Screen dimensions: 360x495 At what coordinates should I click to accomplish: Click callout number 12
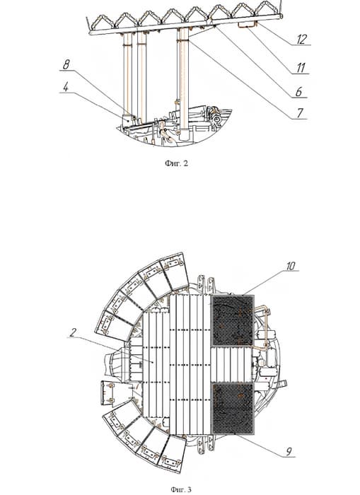[301, 39]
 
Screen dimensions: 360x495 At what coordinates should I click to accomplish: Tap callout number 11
[301, 68]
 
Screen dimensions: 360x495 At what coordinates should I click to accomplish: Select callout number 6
[298, 91]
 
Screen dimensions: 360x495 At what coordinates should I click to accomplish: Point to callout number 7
[300, 112]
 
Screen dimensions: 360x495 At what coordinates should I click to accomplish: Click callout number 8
[66, 65]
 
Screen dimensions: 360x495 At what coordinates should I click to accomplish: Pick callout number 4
[65, 87]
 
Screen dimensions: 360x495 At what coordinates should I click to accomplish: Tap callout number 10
[291, 266]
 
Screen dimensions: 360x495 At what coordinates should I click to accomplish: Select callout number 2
[73, 332]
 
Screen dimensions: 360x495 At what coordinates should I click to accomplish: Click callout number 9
[289, 451]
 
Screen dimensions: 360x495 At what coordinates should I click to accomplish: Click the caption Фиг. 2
[176, 163]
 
